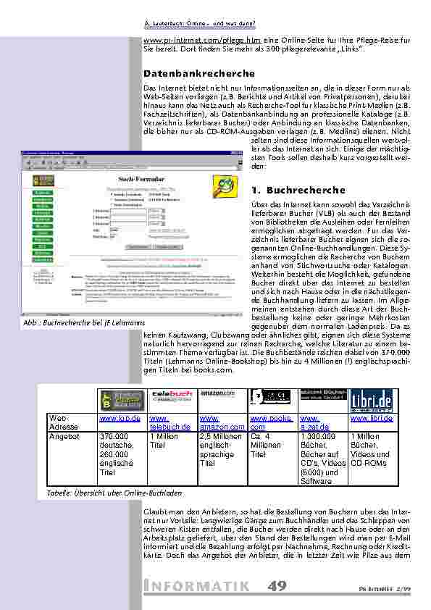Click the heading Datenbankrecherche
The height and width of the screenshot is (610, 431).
click(x=199, y=74)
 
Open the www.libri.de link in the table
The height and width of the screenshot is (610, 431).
click(x=372, y=419)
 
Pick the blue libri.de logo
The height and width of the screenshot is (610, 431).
click(x=372, y=400)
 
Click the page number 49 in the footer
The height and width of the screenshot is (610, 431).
click(x=277, y=585)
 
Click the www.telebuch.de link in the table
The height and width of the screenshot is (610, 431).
click(x=170, y=424)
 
